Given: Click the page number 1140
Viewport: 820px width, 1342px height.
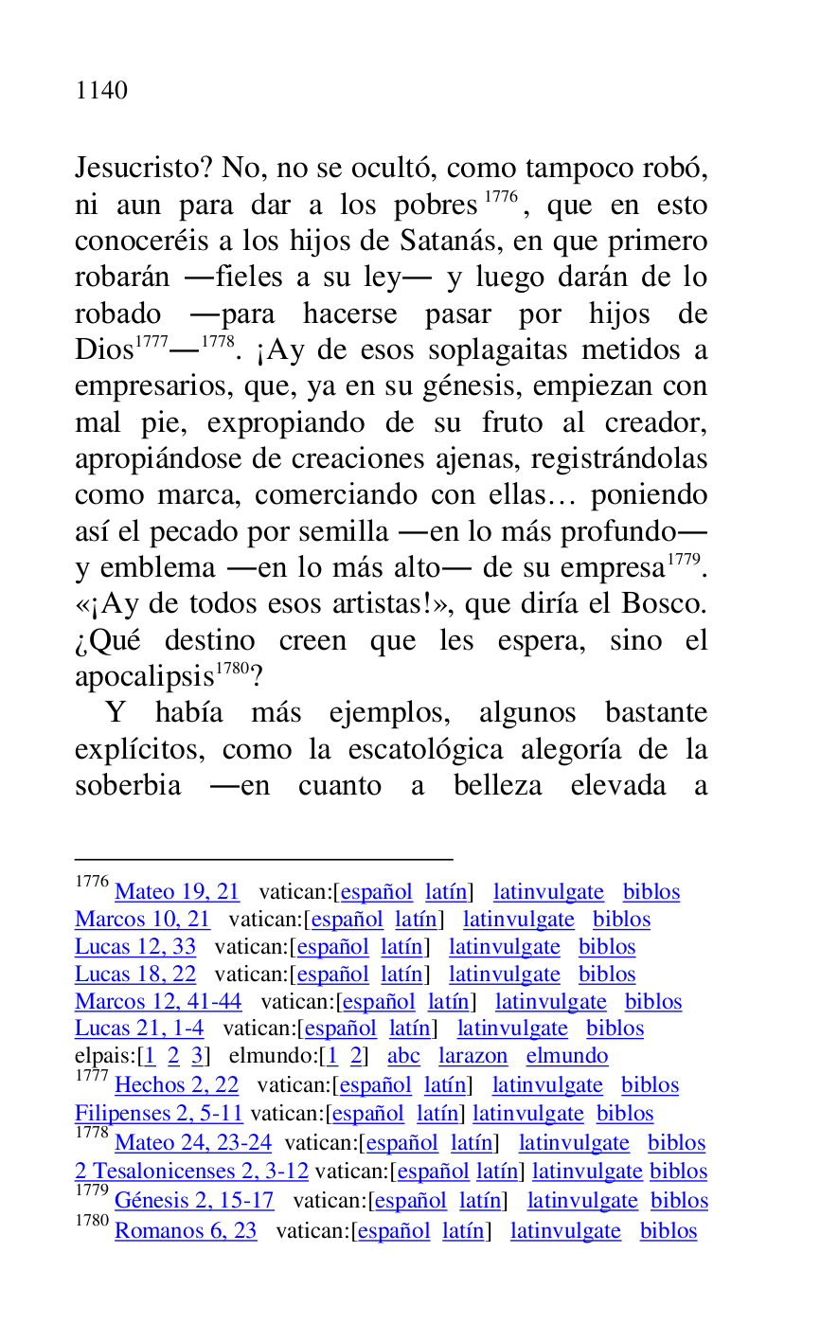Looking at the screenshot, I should pyautogui.click(x=101, y=91).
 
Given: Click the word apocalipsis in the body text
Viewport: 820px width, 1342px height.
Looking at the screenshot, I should pyautogui.click(x=143, y=677).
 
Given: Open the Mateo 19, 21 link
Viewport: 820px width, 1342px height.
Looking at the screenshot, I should pyautogui.click(x=177, y=892).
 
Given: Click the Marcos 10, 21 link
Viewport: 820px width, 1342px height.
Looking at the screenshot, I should pyautogui.click(x=142, y=920).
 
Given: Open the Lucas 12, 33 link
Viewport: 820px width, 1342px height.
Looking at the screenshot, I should pyautogui.click(x=135, y=947).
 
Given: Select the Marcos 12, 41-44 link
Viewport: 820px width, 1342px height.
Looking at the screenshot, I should pyautogui.click(x=158, y=1002).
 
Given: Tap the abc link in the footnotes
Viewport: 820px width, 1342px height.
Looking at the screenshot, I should pyautogui.click(x=403, y=1056).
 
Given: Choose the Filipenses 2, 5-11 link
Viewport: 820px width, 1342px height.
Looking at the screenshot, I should pyautogui.click(x=159, y=1114).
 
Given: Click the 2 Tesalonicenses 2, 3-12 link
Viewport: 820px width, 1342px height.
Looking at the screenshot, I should pyautogui.click(x=191, y=1172).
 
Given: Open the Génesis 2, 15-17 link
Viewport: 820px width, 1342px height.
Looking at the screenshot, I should pyautogui.click(x=194, y=1201).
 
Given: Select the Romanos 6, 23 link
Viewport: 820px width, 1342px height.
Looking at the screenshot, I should pyautogui.click(x=186, y=1231).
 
